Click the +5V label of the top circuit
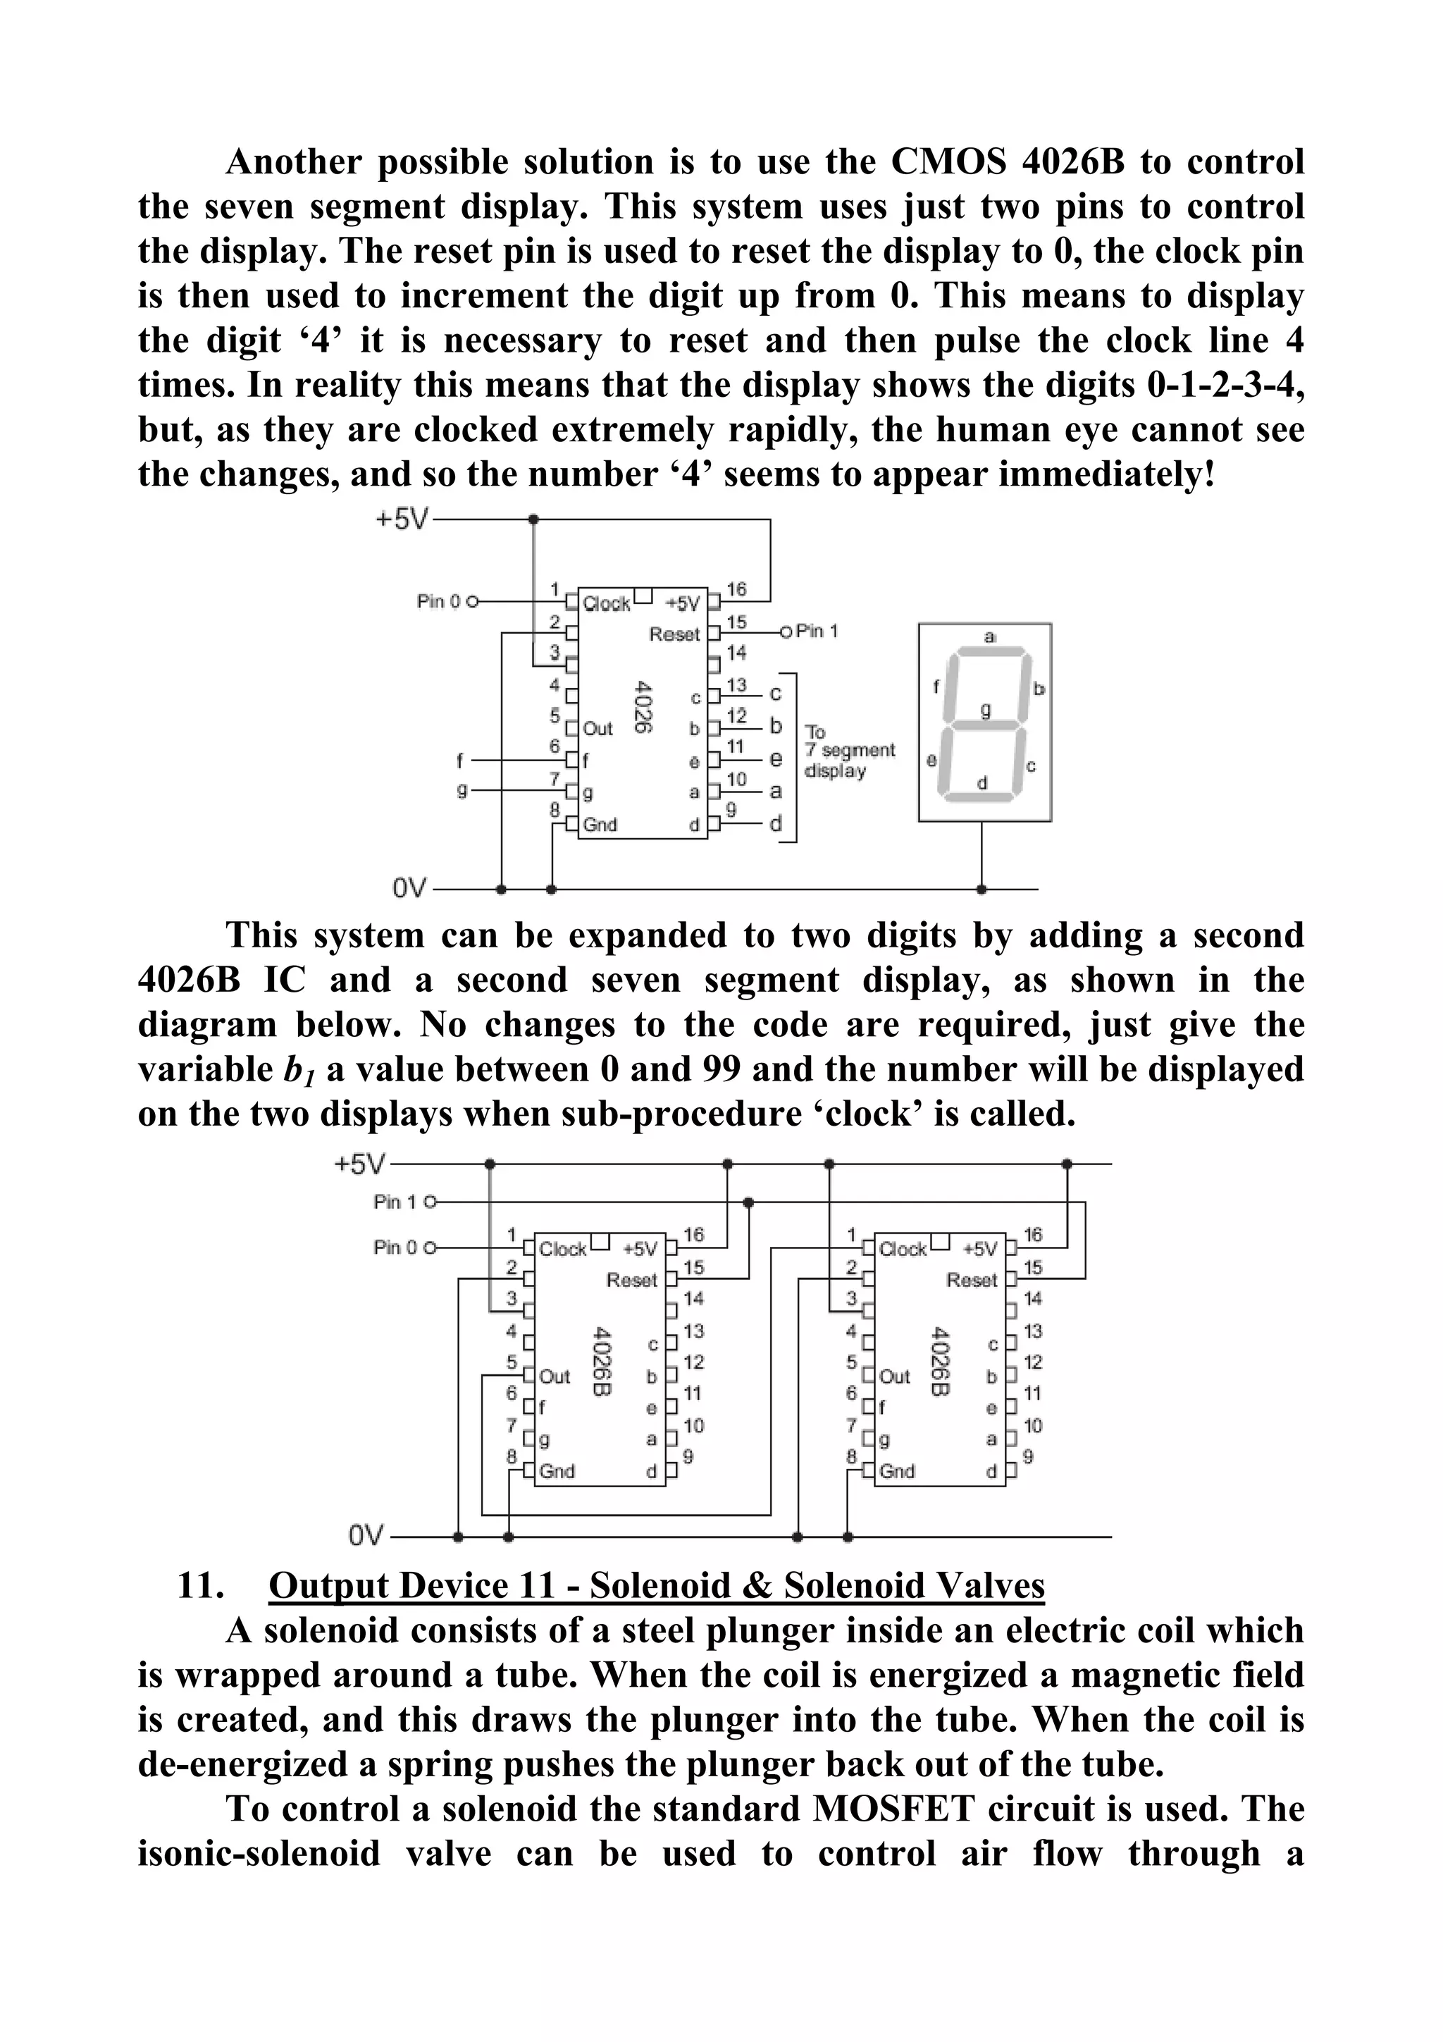[x=401, y=519]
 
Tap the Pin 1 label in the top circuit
[x=816, y=631]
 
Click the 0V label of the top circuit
[x=408, y=887]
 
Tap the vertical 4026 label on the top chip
[x=645, y=707]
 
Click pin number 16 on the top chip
[x=736, y=589]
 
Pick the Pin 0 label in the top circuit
[x=439, y=601]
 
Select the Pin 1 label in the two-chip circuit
[x=395, y=1202]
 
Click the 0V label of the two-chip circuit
[x=366, y=1536]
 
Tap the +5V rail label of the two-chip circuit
[x=360, y=1163]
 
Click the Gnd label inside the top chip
[x=600, y=825]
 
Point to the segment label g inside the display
[x=985, y=711]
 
